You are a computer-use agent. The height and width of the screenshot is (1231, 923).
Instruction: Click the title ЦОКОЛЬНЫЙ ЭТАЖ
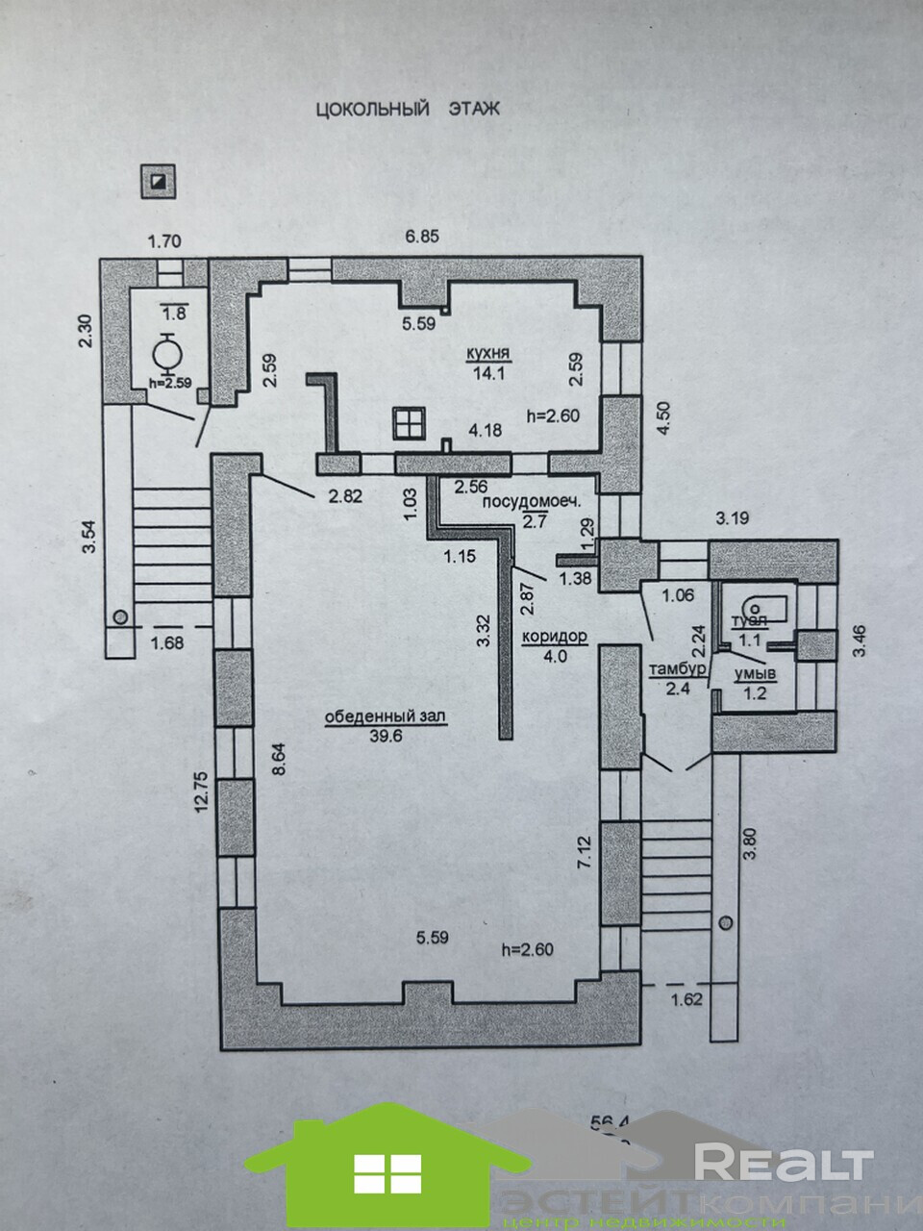[x=409, y=109]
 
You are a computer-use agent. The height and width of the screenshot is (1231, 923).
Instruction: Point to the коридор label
[x=554, y=636]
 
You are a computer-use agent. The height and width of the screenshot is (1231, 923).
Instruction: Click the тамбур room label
[x=685, y=668]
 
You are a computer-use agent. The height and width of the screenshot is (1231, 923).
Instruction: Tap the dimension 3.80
[x=750, y=844]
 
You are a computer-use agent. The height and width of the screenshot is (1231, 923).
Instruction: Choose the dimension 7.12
[x=582, y=854]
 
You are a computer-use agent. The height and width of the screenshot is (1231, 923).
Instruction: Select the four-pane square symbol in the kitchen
[x=408, y=423]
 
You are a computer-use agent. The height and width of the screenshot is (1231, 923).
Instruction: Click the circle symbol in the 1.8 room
[x=169, y=354]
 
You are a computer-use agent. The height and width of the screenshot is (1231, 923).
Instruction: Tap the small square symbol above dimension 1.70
[x=157, y=180]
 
